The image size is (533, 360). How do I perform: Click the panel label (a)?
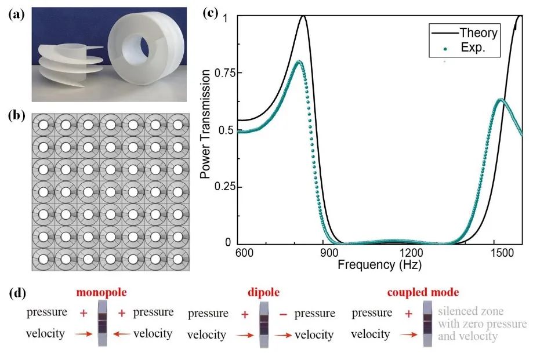tap(17, 14)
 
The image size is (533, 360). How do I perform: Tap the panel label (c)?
tap(210, 13)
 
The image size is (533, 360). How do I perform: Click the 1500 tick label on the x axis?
tap(502, 253)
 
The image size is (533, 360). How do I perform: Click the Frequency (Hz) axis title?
tap(379, 264)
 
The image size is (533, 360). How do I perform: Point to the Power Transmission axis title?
tap(205, 124)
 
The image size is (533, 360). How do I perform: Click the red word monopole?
tap(101, 292)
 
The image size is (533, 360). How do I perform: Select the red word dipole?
tap(263, 292)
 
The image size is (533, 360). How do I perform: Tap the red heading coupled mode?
tap(423, 292)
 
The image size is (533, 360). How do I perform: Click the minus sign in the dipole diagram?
tap(283, 314)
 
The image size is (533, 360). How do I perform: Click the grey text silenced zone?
tap(471, 311)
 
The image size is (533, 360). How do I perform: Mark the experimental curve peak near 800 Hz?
tap(299, 61)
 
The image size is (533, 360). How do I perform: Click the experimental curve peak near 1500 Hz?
tap(501, 99)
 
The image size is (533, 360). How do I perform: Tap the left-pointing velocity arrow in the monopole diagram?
tap(121, 334)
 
